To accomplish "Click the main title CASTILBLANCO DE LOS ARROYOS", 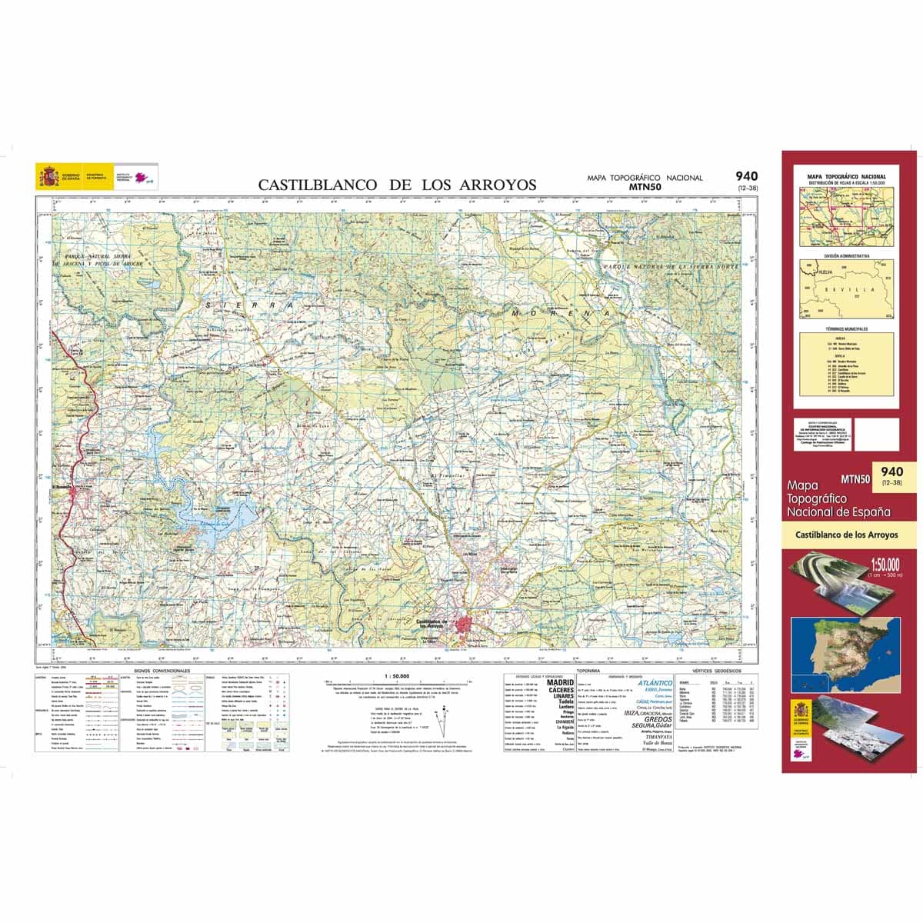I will (397, 185).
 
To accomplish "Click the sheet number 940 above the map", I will (745, 176).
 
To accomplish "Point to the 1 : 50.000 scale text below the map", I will (395, 675).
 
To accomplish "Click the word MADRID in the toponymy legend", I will (560, 682).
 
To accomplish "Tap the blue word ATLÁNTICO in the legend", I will (655, 683).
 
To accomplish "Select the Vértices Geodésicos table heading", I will (716, 671).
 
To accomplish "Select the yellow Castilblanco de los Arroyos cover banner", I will (846, 535).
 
